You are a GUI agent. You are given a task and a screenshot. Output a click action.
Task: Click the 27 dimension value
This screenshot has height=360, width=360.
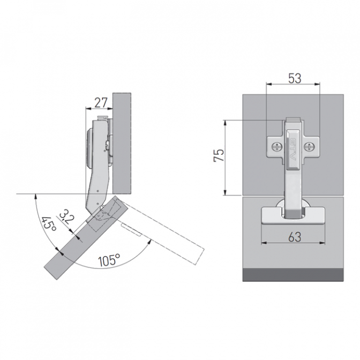101,103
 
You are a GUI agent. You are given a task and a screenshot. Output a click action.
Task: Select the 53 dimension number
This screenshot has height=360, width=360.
295,79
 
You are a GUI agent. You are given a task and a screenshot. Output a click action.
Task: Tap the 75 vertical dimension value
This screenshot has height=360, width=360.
219,155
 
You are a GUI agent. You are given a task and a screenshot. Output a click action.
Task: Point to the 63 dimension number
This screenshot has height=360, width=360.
295,237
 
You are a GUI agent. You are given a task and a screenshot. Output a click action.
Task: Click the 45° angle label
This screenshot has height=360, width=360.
48,223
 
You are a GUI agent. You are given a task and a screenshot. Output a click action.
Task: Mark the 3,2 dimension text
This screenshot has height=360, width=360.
67,217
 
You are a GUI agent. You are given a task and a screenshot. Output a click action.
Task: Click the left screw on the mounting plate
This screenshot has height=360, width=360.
276,146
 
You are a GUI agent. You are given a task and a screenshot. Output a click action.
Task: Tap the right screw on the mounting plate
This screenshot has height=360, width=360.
309,146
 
